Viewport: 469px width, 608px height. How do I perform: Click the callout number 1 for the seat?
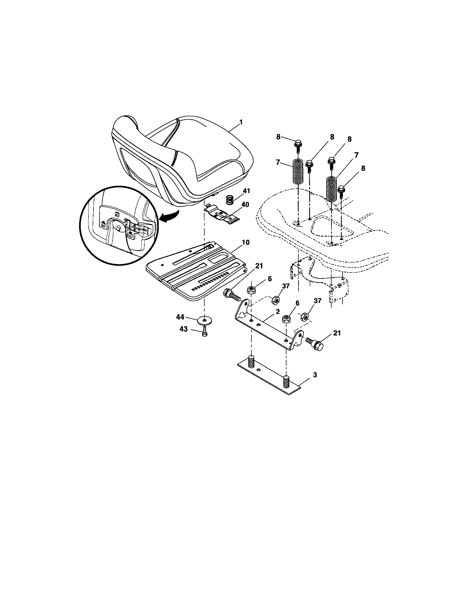click(241, 122)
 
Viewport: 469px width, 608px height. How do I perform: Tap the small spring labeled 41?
click(229, 200)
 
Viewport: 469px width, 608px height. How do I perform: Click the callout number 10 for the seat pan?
click(246, 242)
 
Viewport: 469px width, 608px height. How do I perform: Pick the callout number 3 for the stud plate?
click(315, 375)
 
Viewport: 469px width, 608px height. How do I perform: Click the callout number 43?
click(183, 329)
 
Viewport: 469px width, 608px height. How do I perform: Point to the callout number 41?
click(246, 191)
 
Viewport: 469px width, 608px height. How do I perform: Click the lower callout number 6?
click(297, 303)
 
